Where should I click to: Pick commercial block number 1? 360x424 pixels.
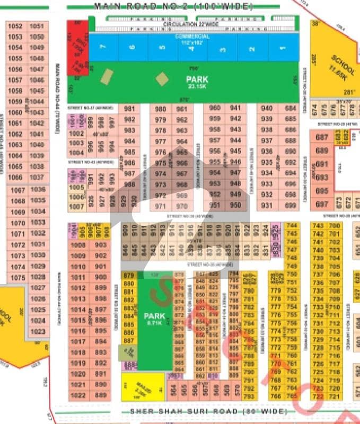[x=284, y=49]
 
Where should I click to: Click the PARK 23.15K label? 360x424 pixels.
[x=197, y=82]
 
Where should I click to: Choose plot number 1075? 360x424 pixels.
[x=17, y=277]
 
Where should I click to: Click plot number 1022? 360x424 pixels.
[x=78, y=395]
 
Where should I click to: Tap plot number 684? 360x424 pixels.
[x=290, y=108]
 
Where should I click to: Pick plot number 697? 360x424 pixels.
[x=322, y=204]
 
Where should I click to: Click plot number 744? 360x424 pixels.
[x=291, y=226]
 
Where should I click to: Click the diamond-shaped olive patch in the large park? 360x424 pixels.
[x=162, y=78]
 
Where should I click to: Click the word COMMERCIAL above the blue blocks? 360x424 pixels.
[x=192, y=36]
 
